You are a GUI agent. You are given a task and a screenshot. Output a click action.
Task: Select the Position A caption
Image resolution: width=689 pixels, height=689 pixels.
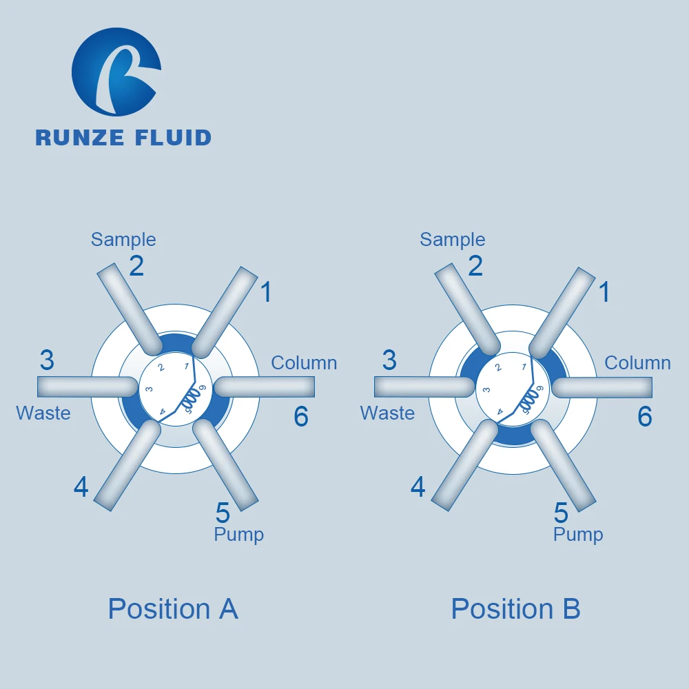click(x=173, y=609)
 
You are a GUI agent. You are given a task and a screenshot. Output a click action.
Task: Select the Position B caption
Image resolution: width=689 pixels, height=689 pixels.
click(x=515, y=609)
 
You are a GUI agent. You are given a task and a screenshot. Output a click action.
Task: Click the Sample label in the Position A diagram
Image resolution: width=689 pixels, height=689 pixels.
click(x=123, y=240)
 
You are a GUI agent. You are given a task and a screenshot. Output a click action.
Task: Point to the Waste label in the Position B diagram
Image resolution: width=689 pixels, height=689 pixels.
click(x=387, y=413)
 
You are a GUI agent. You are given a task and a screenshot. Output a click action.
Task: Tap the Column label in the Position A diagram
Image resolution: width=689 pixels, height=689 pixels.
click(x=304, y=363)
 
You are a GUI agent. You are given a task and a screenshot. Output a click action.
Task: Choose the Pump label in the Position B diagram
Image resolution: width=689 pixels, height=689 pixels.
click(x=578, y=535)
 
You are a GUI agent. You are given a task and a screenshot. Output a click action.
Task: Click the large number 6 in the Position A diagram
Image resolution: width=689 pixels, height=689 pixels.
click(x=301, y=416)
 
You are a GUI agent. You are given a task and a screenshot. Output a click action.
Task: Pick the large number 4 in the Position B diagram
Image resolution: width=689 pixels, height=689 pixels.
click(x=418, y=487)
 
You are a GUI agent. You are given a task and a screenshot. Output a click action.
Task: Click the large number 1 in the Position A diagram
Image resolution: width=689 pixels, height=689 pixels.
click(x=266, y=293)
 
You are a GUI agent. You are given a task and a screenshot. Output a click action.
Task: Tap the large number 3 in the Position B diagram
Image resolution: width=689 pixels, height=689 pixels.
click(x=389, y=360)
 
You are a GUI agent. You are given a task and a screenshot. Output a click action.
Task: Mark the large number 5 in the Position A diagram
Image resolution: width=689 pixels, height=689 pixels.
click(x=222, y=513)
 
